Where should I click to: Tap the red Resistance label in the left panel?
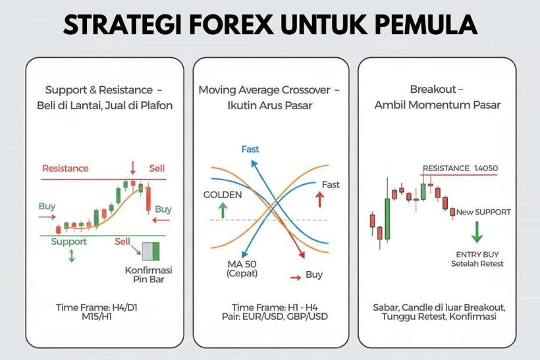click(x=65, y=168)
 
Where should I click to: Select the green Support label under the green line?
click(x=69, y=242)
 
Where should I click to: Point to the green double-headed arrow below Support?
click(x=71, y=256)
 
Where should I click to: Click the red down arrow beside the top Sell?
click(x=133, y=167)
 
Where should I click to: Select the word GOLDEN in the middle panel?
click(x=223, y=195)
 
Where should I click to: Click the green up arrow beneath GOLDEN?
click(x=223, y=211)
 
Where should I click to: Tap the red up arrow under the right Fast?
click(x=321, y=199)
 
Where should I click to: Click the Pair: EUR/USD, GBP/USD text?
click(x=271, y=317)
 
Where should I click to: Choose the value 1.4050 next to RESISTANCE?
click(x=486, y=168)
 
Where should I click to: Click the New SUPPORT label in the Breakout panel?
click(x=484, y=212)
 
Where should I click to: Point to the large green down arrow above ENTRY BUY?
click(x=477, y=232)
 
